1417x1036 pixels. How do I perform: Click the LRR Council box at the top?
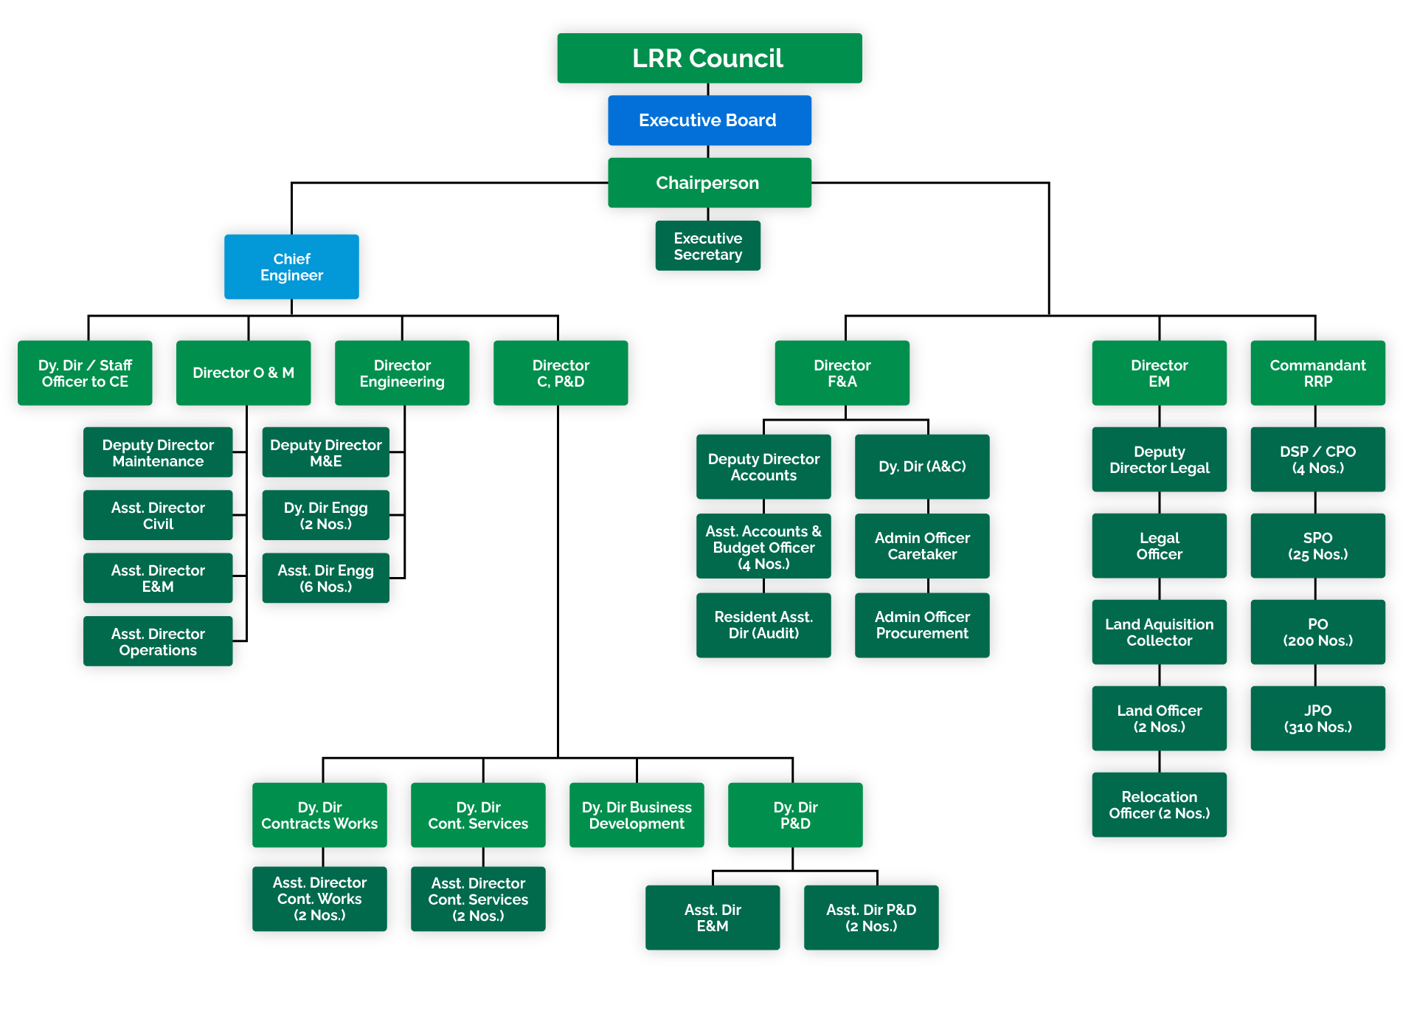pyautogui.click(x=709, y=58)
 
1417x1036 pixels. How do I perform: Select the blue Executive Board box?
pyautogui.click(x=709, y=120)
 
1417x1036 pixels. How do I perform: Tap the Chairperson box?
pyautogui.click(x=709, y=183)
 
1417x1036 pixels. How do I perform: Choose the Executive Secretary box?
pyautogui.click(x=707, y=246)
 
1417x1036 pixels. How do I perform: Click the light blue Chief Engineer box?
pyautogui.click(x=291, y=267)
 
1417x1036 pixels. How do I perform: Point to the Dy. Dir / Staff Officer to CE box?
pyautogui.click(x=85, y=373)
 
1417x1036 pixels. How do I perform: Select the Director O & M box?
pyautogui.click(x=243, y=373)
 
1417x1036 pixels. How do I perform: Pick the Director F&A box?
pyautogui.click(x=842, y=373)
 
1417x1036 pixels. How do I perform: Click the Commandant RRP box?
pyautogui.click(x=1317, y=373)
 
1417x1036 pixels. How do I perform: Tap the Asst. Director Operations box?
pyautogui.click(x=158, y=642)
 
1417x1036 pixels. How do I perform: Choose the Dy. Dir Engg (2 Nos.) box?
pyautogui.click(x=325, y=516)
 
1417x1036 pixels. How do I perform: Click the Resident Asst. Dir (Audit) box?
pyautogui.click(x=763, y=625)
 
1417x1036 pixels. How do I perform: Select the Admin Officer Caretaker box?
pyautogui.click(x=922, y=546)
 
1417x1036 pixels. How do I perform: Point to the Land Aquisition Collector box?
pyautogui.click(x=1159, y=632)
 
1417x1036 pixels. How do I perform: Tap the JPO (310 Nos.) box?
pyautogui.click(x=1317, y=719)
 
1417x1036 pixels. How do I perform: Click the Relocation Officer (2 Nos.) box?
pyautogui.click(x=1159, y=805)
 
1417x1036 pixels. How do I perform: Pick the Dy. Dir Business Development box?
pyautogui.click(x=637, y=815)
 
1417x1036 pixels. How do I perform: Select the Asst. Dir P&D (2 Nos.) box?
pyautogui.click(x=871, y=918)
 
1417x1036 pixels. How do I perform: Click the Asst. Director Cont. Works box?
pyautogui.click(x=319, y=899)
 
